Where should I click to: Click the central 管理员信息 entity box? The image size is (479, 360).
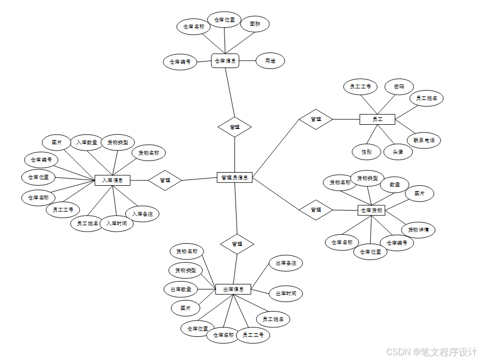[235, 177]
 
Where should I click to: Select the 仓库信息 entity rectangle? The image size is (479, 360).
[225, 61]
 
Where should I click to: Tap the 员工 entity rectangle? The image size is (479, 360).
[377, 119]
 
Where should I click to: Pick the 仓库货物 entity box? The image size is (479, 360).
[371, 210]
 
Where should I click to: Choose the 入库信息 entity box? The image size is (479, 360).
[112, 180]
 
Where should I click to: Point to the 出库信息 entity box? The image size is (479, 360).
[233, 289]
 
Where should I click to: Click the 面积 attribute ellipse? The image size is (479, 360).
[255, 24]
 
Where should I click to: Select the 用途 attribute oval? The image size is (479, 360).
[270, 61]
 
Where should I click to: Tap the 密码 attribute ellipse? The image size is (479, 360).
[399, 86]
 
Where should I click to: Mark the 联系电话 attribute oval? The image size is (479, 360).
[424, 140]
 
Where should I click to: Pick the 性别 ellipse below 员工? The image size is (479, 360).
[366, 152]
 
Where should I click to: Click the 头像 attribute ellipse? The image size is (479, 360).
[398, 152]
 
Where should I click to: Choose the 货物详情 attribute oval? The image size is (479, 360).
[419, 229]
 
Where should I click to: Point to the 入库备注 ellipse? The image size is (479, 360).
[142, 214]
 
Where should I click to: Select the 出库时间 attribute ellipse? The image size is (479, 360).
[286, 293]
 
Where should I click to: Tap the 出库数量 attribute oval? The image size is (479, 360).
[181, 289]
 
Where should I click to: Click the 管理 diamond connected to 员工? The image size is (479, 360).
[315, 119]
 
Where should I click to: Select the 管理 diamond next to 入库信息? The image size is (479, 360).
[165, 180]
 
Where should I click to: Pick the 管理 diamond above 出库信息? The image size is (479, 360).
[237, 244]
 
